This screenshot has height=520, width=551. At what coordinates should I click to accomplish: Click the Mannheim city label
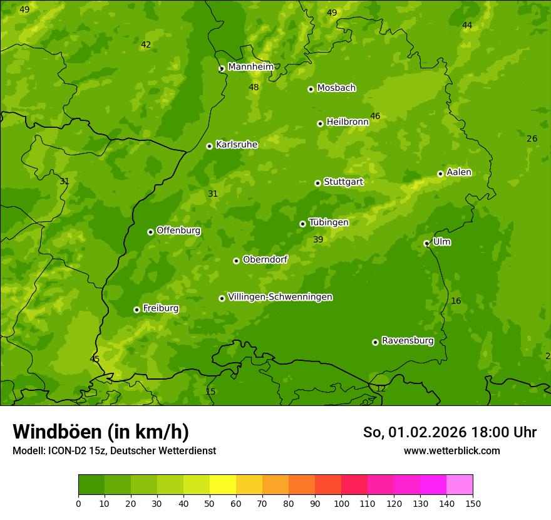250,67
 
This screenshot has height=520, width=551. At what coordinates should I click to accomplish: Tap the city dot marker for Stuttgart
317,183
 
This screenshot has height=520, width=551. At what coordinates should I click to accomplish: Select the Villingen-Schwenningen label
280,297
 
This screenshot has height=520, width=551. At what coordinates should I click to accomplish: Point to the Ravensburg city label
408,341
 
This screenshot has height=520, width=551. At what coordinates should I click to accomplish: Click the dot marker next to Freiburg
136,309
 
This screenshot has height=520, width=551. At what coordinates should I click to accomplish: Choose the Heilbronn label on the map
348,122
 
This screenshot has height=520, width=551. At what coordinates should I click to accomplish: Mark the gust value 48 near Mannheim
254,87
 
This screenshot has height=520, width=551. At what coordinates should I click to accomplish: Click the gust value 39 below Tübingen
318,239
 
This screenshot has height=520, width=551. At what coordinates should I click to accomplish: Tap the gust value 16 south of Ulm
456,301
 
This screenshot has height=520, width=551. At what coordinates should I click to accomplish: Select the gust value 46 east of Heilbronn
375,116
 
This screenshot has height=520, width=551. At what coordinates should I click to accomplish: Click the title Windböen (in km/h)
101,432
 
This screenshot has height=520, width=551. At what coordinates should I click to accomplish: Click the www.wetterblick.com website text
451,450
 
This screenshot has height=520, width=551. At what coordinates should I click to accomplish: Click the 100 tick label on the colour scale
341,503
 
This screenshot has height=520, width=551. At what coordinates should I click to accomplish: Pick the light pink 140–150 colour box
460,485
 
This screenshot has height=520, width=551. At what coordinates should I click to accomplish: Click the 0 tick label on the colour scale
78,503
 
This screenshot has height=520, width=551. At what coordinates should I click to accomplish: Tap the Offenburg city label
178,231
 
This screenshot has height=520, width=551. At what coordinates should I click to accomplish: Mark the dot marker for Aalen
440,174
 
